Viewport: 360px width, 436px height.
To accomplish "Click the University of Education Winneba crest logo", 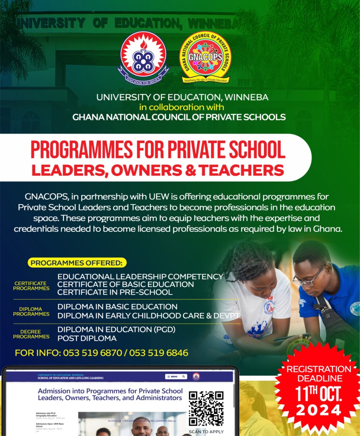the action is [x=143, y=58].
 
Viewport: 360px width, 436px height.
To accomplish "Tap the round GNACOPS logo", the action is [x=205, y=57].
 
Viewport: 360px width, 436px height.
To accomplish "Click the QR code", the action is [x=206, y=408].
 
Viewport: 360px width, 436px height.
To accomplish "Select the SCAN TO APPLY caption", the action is [x=206, y=431].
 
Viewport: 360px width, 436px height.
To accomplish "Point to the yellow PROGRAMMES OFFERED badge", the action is [x=77, y=263].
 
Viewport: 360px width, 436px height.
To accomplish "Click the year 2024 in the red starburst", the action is [x=319, y=410].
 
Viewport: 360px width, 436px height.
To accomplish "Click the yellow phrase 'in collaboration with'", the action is [x=181, y=107].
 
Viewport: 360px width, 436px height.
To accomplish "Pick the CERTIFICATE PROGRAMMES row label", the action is [x=31, y=286].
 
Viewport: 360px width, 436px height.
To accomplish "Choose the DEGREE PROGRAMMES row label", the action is [x=31, y=334].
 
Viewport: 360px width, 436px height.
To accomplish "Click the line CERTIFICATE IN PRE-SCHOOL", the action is [x=115, y=292].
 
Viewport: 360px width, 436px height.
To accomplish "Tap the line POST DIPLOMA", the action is [x=87, y=338].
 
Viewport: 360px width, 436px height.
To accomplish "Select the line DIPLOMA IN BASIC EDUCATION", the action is [x=117, y=307].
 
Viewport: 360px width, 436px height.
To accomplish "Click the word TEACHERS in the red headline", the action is [x=241, y=170].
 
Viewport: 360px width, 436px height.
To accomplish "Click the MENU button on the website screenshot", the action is [x=172, y=377].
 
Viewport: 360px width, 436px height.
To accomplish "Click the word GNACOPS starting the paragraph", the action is [x=47, y=197].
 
